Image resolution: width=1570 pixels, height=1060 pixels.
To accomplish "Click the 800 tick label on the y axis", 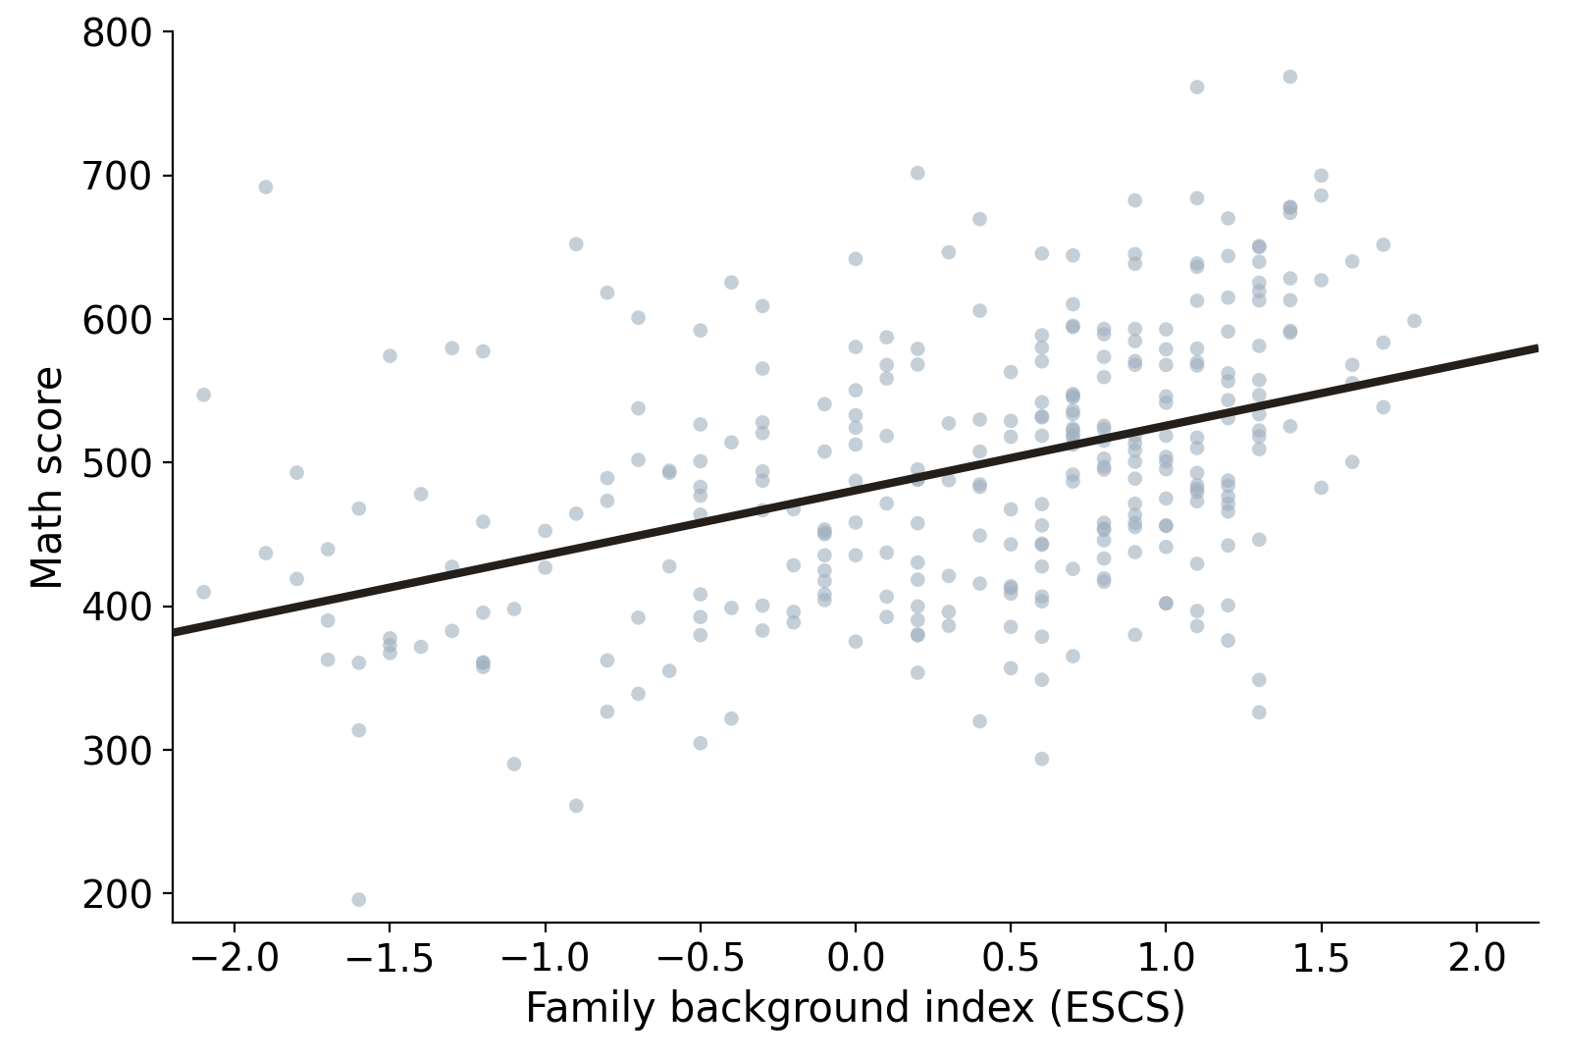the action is point(117,33).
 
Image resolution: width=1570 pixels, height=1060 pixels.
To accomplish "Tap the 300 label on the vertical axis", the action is point(117,751).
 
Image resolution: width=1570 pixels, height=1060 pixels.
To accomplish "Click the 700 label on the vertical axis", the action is point(117,177).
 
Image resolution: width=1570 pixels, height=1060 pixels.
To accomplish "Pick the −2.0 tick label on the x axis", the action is point(235,958).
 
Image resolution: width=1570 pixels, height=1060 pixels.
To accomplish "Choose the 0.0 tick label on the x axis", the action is point(856,958).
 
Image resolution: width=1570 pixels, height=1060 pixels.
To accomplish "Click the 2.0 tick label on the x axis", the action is point(1477,958).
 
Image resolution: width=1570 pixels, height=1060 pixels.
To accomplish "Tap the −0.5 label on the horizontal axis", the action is point(701,958).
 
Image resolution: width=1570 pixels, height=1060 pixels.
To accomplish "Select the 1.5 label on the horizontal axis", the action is point(1321,958).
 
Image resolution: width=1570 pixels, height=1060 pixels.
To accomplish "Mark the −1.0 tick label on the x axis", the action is point(546,958).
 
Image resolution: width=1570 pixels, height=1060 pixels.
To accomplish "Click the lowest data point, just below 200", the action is point(358,899).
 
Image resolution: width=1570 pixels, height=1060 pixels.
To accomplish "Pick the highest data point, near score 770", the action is point(1289,77).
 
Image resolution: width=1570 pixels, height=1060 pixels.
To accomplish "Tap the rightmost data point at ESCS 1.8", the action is point(1414,321).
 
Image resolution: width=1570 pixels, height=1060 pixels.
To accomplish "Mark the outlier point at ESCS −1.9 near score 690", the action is point(266,186).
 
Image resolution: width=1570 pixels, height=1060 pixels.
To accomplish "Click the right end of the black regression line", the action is point(1538,348).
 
